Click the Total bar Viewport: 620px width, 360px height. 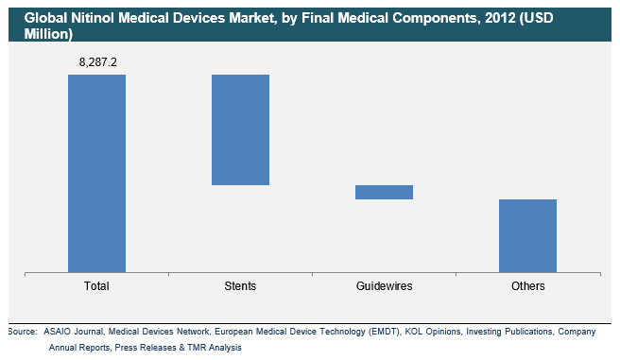tap(96, 173)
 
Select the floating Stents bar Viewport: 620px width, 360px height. tap(240, 129)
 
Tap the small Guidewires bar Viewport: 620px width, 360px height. tap(384, 192)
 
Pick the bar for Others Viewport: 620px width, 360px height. tap(527, 235)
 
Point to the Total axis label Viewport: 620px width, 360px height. tap(96, 285)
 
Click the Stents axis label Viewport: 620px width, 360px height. tap(240, 285)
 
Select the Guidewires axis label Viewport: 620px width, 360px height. tap(384, 285)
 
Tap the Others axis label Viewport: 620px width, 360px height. tap(527, 285)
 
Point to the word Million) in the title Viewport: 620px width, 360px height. tap(40, 33)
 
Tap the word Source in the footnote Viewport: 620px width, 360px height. tap(22, 332)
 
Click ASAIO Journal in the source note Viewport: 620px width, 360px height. tap(74, 332)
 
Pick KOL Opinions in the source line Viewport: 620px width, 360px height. tap(431, 332)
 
